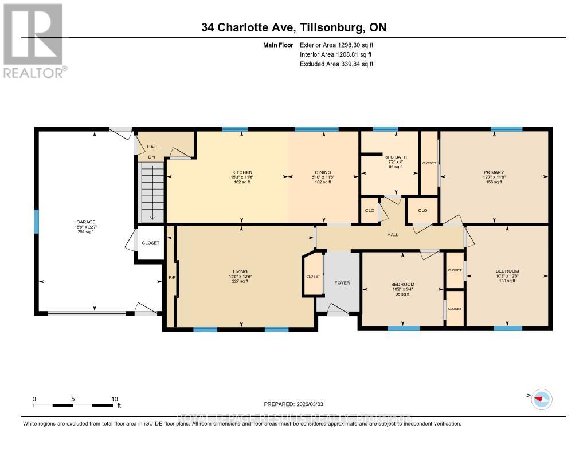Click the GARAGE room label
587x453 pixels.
point(86,222)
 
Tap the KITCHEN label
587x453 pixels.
point(242,172)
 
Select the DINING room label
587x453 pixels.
point(323,172)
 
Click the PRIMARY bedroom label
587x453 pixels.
point(494,172)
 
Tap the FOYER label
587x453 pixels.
point(342,283)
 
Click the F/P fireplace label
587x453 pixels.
point(171,278)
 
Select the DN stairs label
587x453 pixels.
point(152,157)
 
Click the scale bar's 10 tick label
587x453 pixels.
point(114,399)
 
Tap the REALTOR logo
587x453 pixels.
point(33,40)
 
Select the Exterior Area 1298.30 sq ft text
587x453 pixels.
point(337,45)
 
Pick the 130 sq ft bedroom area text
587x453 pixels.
point(507,281)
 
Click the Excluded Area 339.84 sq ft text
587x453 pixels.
point(337,64)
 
